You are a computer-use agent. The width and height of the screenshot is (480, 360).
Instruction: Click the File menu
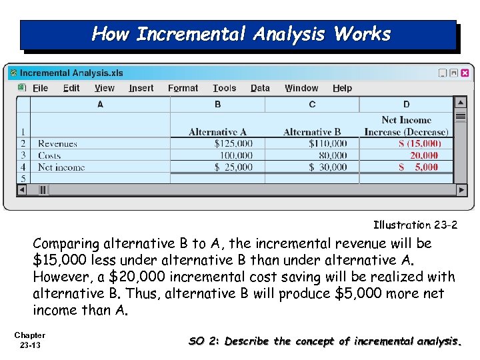(40, 88)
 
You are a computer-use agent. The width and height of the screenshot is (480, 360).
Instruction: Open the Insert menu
(141, 88)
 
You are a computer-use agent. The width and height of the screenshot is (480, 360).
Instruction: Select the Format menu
(183, 88)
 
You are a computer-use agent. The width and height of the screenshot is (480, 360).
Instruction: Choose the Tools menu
(225, 88)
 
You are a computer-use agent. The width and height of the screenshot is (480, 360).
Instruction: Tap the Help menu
(342, 88)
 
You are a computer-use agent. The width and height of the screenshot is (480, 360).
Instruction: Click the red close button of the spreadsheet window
(465, 73)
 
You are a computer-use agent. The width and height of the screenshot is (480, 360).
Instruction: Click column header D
(406, 104)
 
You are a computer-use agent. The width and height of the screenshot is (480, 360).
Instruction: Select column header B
(217, 104)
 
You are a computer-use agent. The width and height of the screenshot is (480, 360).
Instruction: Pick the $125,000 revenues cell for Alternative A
(233, 143)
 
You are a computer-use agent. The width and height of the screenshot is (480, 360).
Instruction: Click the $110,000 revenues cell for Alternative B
(328, 143)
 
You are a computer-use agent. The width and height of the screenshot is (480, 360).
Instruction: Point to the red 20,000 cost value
(424, 155)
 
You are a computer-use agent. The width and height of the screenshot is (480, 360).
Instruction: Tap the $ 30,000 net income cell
(328, 167)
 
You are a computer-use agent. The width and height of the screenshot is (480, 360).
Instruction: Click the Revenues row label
(57, 143)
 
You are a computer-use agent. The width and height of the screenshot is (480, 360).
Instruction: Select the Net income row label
(61, 167)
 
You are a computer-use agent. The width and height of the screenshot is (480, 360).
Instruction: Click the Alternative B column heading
(312, 132)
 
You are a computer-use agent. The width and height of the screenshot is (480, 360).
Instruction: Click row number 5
(23, 179)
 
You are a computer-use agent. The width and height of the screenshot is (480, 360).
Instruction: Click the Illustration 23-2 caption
(415, 225)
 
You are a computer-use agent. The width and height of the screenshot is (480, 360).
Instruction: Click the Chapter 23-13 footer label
(29, 340)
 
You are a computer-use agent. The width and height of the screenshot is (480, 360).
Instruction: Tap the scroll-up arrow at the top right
(461, 103)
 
